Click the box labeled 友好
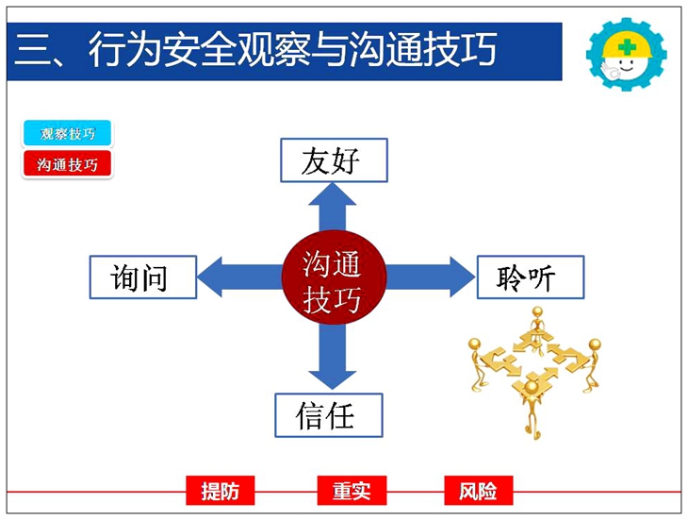click(x=334, y=160)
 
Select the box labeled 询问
click(x=143, y=277)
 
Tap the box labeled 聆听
click(x=531, y=277)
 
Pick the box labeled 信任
click(x=329, y=415)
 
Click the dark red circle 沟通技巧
click(x=334, y=277)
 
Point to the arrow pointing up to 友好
click(x=332, y=208)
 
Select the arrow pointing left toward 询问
click(x=239, y=277)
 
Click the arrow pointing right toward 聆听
click(x=430, y=277)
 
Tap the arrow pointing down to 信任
click(x=332, y=357)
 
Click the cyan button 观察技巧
click(x=67, y=133)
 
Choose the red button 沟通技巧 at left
click(x=67, y=164)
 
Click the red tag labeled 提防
click(x=221, y=491)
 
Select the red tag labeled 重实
click(x=352, y=491)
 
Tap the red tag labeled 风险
click(x=478, y=491)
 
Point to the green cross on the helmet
click(x=627, y=46)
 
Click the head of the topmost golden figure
click(x=537, y=311)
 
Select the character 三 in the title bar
click(x=31, y=49)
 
